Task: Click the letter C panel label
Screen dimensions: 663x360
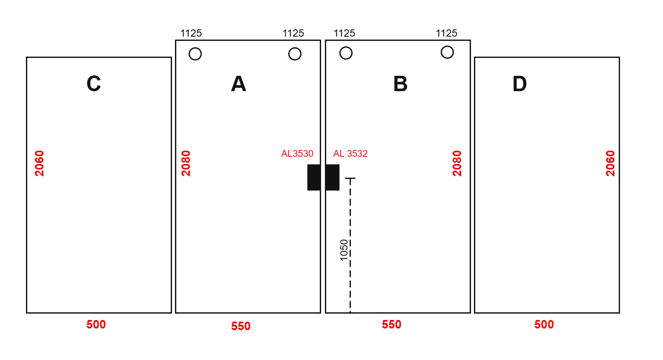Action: (x=94, y=84)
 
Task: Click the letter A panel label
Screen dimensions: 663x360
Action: (x=238, y=84)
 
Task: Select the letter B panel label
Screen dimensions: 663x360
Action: (x=400, y=84)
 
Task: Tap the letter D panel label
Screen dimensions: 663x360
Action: (x=519, y=84)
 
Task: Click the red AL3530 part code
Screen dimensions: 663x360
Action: (x=297, y=154)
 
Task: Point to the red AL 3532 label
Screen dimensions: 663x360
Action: (x=350, y=154)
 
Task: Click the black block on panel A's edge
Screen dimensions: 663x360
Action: (x=314, y=177)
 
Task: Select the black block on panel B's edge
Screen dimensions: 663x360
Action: (x=333, y=177)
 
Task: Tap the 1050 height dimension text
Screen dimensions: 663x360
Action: (x=344, y=250)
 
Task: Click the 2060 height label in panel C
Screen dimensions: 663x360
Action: (x=39, y=164)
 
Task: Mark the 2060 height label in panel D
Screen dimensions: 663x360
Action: (x=610, y=164)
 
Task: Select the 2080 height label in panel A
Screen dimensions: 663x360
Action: (x=186, y=164)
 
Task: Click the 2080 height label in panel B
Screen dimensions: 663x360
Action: (x=457, y=164)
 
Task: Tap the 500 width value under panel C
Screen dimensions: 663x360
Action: (x=96, y=325)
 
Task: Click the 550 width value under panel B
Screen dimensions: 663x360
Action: (x=391, y=325)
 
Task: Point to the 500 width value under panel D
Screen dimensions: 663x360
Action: (x=544, y=325)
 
